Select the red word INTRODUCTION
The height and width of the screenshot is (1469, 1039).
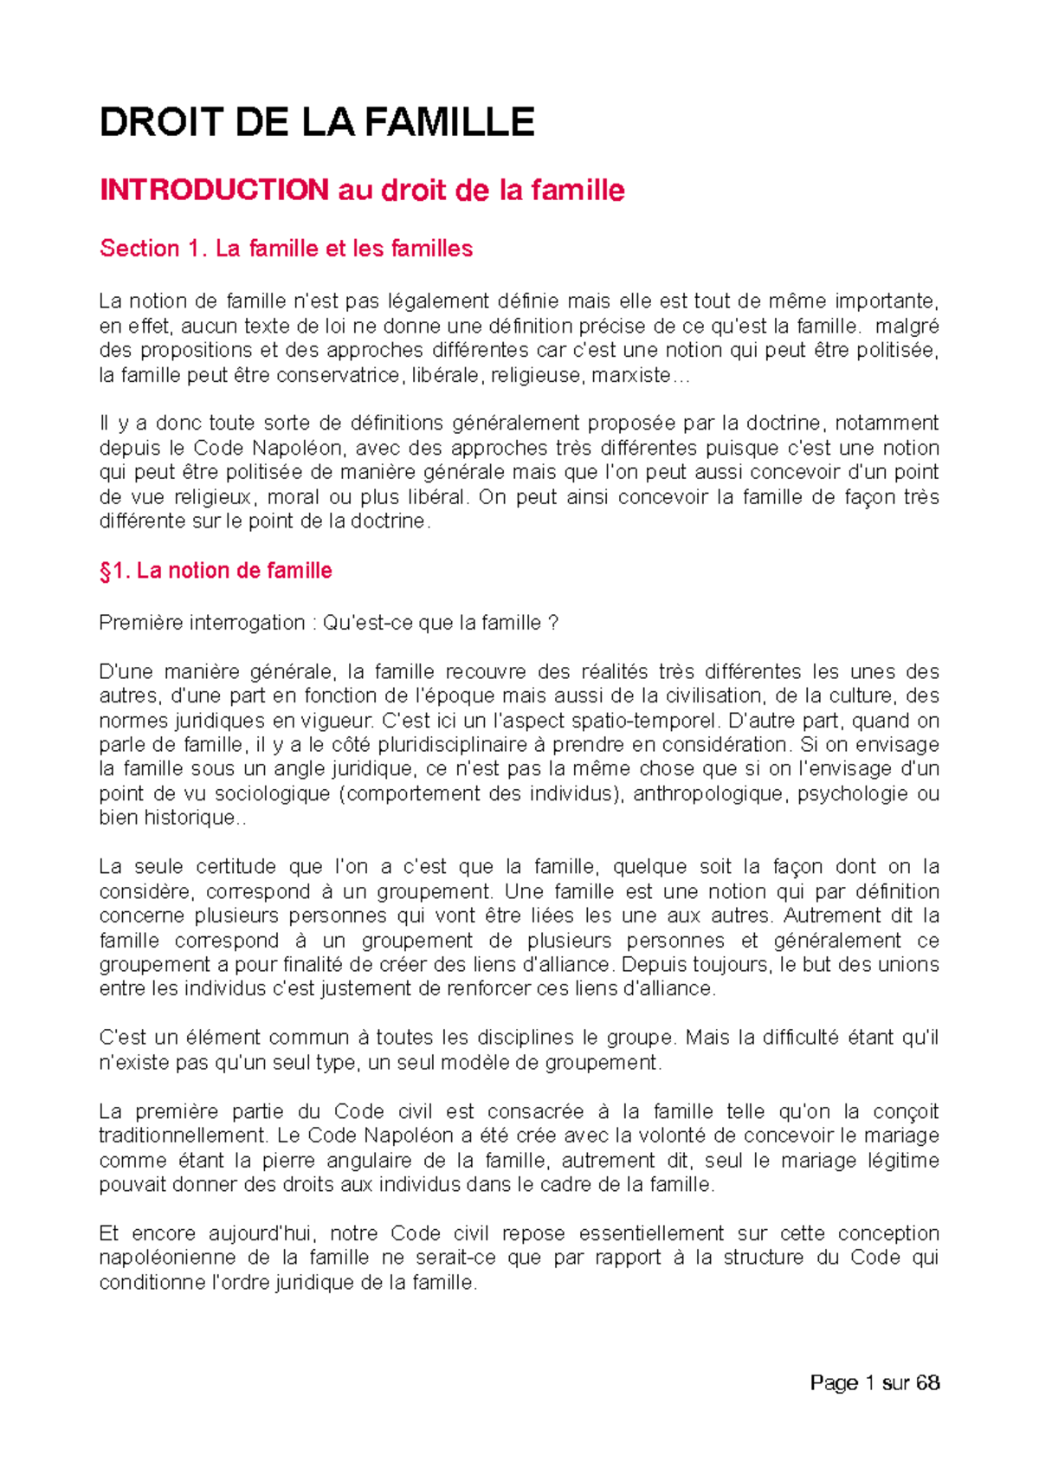214,190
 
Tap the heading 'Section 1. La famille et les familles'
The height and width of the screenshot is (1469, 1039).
286,249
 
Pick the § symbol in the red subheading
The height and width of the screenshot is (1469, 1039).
106,571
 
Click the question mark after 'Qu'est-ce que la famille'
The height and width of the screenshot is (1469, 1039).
553,623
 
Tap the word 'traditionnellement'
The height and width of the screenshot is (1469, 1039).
182,1136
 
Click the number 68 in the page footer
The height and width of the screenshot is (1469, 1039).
927,1383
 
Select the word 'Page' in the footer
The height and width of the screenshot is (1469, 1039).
834,1383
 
